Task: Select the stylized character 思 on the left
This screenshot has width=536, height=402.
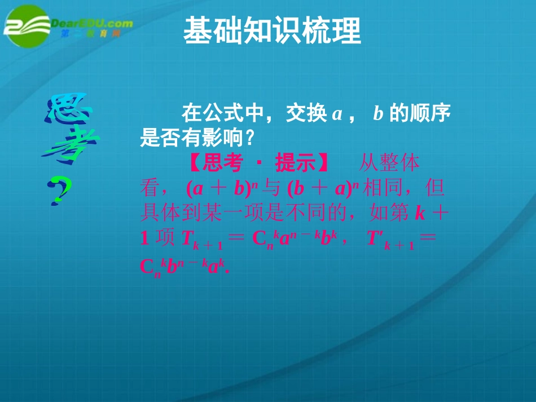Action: [x=67, y=110]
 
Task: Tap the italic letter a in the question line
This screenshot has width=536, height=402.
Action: [x=337, y=114]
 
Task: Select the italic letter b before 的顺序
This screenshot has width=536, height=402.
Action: [x=378, y=114]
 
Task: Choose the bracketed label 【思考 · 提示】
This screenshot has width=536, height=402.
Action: [x=258, y=163]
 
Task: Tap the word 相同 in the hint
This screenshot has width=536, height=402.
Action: [x=381, y=188]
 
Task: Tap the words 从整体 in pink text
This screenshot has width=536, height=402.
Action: [x=389, y=163]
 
